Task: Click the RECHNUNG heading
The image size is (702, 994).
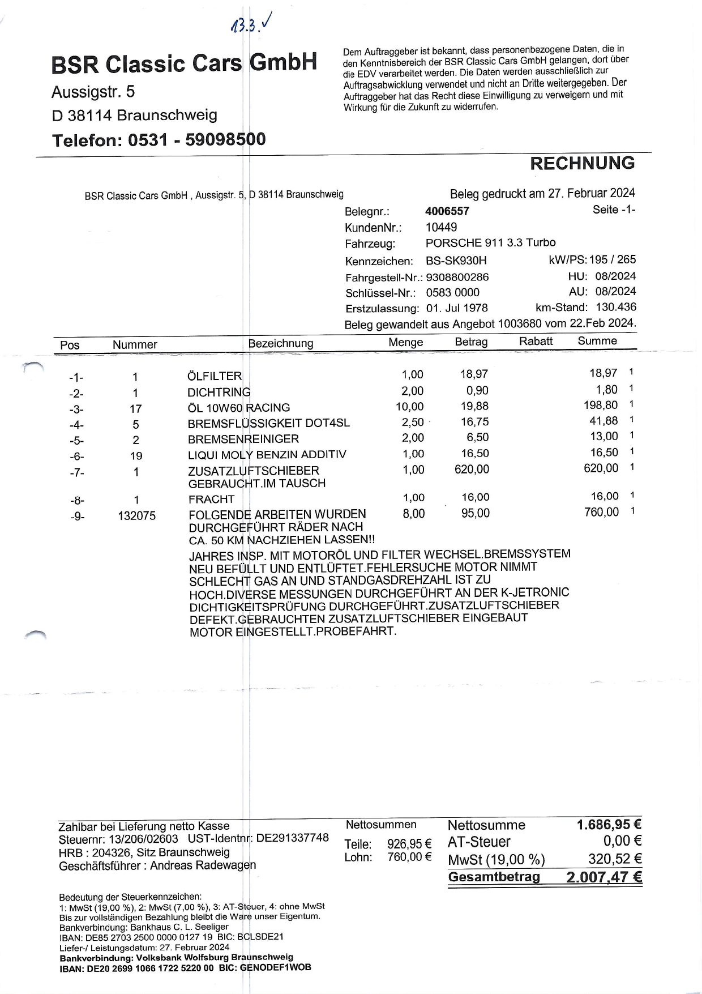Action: pyautogui.click(x=582, y=163)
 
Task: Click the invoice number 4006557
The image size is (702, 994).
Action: pyautogui.click(x=447, y=211)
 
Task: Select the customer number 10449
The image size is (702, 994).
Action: pyautogui.click(x=441, y=227)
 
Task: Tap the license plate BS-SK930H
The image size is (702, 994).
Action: pyautogui.click(x=456, y=261)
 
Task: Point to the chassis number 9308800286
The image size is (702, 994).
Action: pyautogui.click(x=457, y=277)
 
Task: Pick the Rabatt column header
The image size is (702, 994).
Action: pyautogui.click(x=536, y=341)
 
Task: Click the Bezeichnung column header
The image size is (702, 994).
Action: pyautogui.click(x=280, y=343)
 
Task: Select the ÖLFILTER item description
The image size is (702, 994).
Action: pyautogui.click(x=215, y=376)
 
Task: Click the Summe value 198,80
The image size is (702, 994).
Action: pyautogui.click(x=601, y=405)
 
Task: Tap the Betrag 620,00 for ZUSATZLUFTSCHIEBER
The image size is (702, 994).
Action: pyautogui.click(x=472, y=469)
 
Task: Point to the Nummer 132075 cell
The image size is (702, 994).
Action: pyautogui.click(x=136, y=516)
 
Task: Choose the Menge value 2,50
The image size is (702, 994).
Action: pyautogui.click(x=413, y=423)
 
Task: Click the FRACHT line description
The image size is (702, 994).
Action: pyautogui.click(x=211, y=499)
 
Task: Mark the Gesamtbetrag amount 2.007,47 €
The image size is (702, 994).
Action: pyautogui.click(x=603, y=877)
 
